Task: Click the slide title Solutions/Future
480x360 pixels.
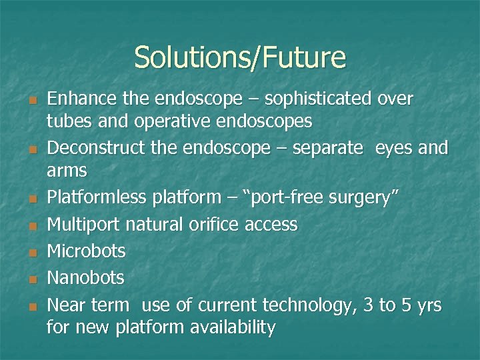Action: (x=240, y=57)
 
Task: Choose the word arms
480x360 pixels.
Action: (x=67, y=171)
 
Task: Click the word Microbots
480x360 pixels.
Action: (x=86, y=251)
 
